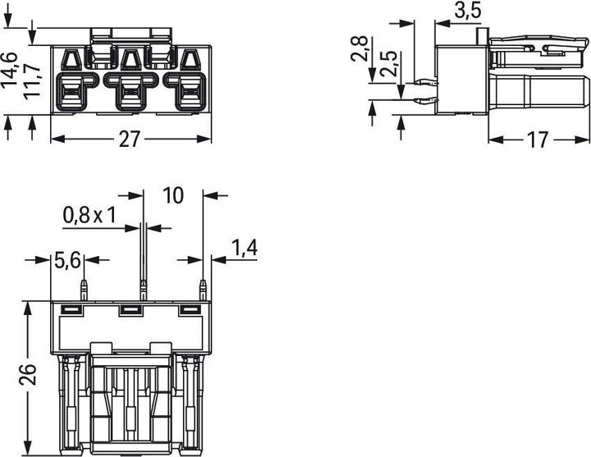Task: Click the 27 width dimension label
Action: pos(130,139)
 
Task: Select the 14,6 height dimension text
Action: pos(9,69)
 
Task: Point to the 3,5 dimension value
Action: pos(468,10)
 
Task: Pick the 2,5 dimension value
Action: pos(388,64)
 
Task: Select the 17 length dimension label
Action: pos(537,139)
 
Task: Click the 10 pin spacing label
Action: pos(173,195)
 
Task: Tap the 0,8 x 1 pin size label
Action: pos(89,216)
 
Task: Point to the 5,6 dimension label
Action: pos(67,260)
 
